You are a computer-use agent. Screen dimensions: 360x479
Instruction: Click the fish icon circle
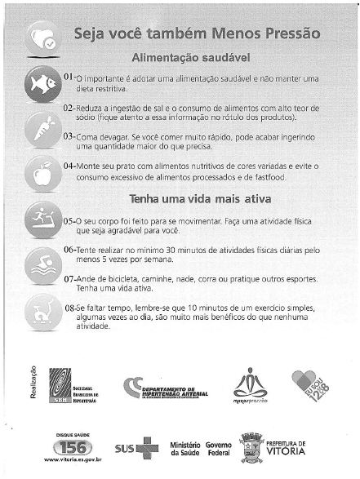point(41,82)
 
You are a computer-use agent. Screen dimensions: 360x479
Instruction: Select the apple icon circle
point(41,173)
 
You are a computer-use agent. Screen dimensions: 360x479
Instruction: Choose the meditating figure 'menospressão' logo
point(245,383)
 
